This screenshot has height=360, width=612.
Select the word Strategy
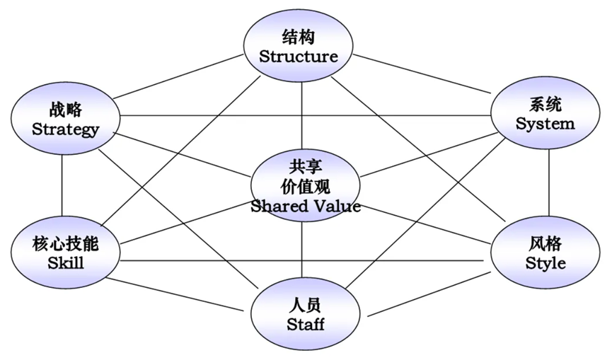pos(66,129)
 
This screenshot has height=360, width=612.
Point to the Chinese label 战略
pos(66,110)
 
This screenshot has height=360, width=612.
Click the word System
pos(545,124)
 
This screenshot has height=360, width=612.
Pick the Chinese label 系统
pos(545,105)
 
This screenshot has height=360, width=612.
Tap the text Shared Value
pos(306,206)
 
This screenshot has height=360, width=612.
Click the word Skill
pos(66,263)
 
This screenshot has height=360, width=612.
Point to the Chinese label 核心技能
pos(66,245)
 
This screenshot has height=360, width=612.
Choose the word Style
pos(545,263)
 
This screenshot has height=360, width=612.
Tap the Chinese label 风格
pos(545,244)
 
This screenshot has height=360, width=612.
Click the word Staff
pos(306,325)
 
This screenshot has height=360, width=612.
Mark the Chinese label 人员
pos(306,306)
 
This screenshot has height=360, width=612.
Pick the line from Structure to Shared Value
pos(302,113)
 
